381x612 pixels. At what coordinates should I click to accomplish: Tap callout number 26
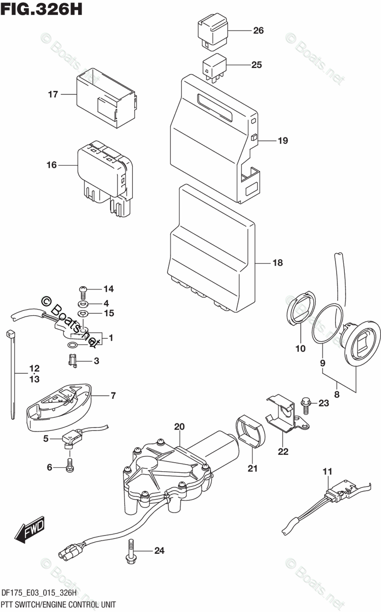[x=258, y=31]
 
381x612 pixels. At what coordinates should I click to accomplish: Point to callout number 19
[x=283, y=141]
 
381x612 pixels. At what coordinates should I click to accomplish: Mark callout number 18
[x=277, y=263]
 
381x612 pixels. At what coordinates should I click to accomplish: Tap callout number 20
[x=179, y=427]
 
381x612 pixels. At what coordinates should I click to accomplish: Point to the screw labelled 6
[x=70, y=465]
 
